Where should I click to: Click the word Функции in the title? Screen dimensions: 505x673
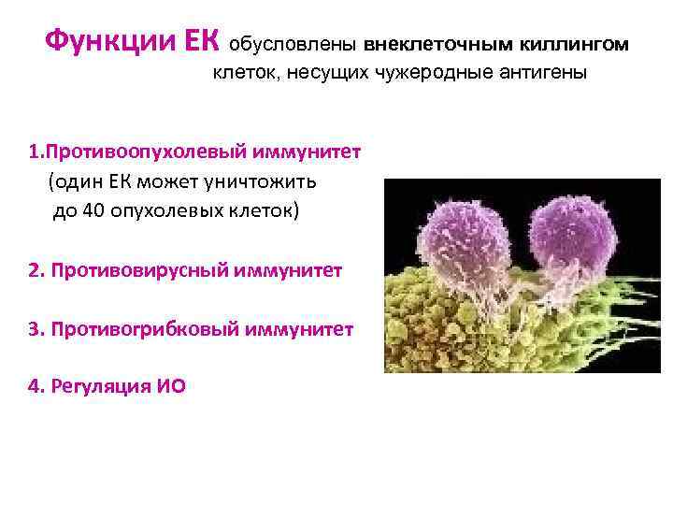[107, 41]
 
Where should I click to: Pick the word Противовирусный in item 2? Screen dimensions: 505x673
[143, 270]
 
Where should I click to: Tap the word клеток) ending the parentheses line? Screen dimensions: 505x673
[265, 209]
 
